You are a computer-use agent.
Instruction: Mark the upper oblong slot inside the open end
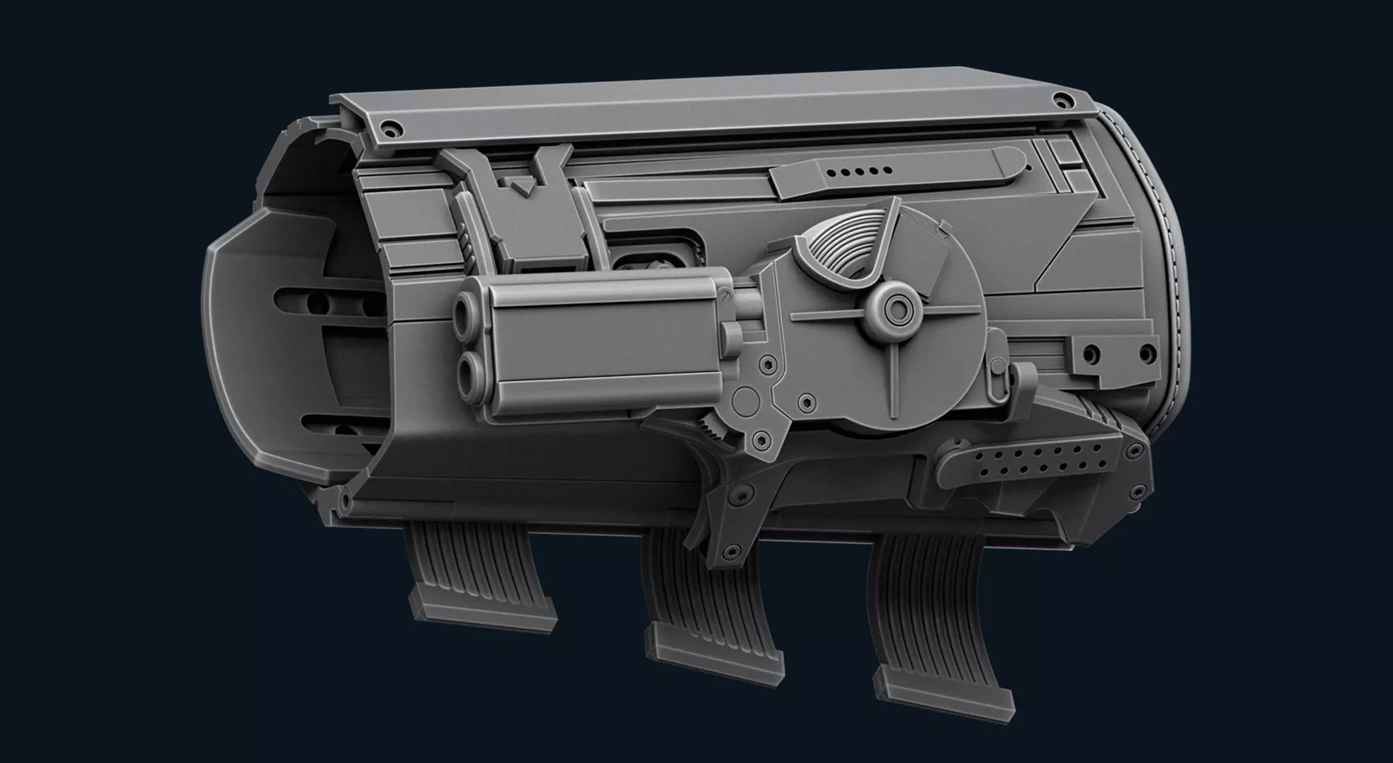(326, 299)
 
